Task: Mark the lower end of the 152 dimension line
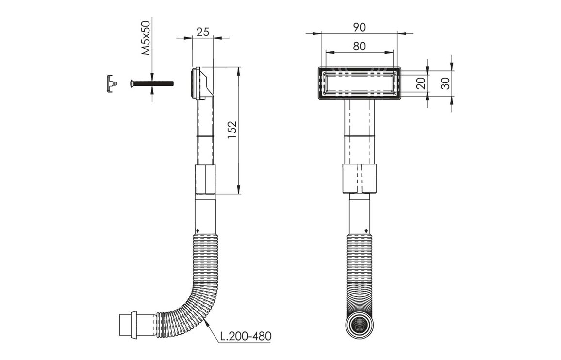[x=238, y=194]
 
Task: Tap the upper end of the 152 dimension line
[x=238, y=67]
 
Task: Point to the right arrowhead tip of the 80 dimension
[x=393, y=53]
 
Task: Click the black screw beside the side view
[x=151, y=84]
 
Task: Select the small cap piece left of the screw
[x=111, y=83]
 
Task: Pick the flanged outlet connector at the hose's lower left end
[x=128, y=325]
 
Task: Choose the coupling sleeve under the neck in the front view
[x=359, y=179]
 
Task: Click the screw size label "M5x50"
[x=146, y=38]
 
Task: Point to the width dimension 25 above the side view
[x=202, y=32]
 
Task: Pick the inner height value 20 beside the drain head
[x=421, y=83]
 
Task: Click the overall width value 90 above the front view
[x=359, y=27]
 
